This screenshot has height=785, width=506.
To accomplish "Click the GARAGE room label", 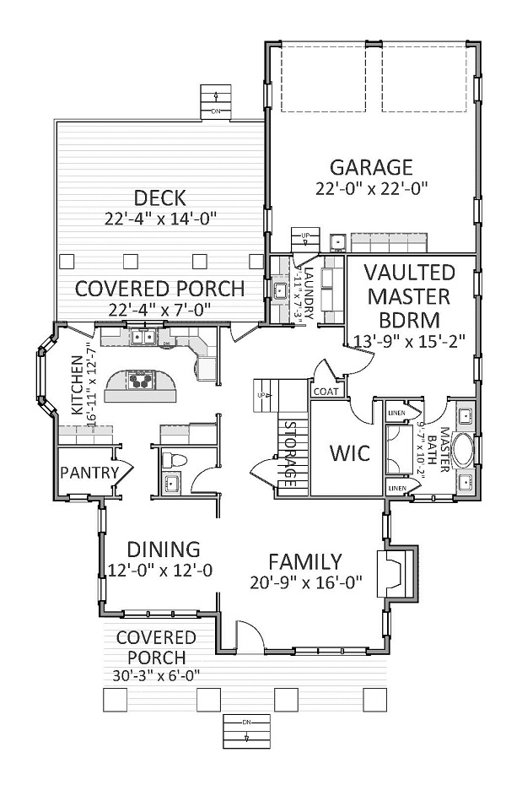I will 371,167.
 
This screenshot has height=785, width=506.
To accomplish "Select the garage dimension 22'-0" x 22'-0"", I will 371,189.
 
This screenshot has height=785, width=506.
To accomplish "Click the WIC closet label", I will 349,453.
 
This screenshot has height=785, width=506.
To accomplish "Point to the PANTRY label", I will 89,473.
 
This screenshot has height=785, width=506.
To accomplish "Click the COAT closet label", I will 326,392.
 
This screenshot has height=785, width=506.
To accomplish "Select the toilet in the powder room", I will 172,460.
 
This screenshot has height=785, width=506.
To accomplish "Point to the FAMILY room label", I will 304,561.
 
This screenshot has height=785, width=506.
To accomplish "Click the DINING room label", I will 159,549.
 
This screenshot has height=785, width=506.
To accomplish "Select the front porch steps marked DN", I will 247,729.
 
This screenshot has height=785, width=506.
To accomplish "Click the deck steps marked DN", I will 216,102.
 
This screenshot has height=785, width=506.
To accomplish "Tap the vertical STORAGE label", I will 289,452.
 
